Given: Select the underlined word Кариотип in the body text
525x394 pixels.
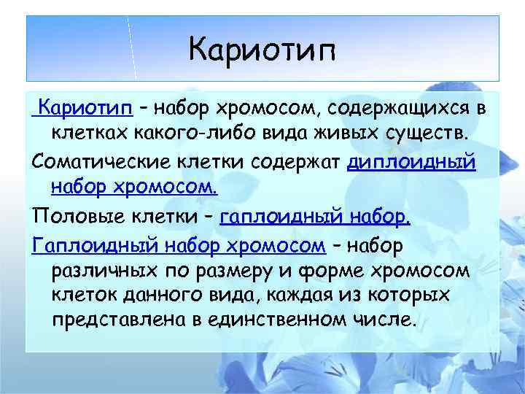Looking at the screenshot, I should tap(88, 109).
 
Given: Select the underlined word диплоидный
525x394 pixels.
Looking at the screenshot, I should tap(411, 161).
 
